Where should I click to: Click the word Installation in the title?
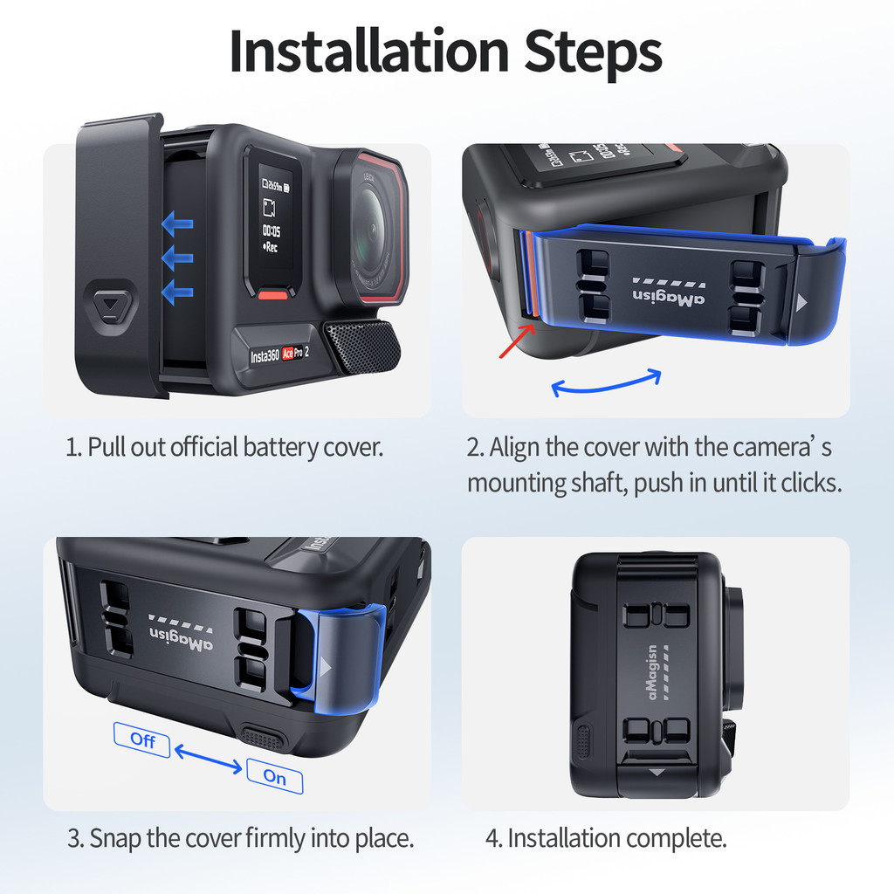tap(368, 52)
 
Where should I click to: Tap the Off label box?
tap(142, 739)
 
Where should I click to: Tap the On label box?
tap(275, 776)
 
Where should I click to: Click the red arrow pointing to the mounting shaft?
tap(517, 341)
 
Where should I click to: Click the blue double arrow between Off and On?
tap(208, 759)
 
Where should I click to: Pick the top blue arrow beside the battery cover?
tap(177, 223)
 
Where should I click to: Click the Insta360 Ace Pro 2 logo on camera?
tap(279, 354)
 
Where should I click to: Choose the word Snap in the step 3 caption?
tap(115, 839)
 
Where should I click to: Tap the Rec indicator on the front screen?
tap(271, 247)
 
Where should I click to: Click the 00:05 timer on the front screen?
tap(272, 230)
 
